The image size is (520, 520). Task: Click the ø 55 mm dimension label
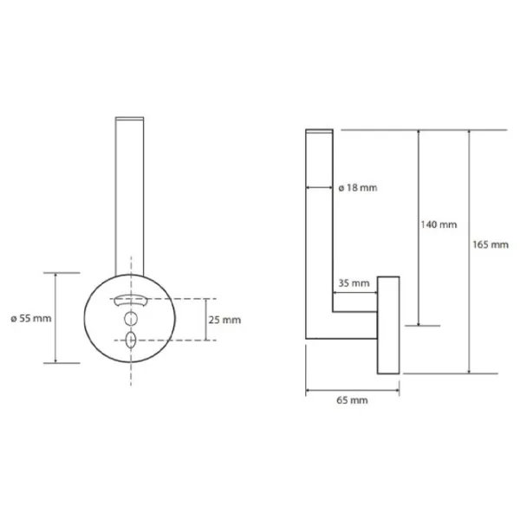(31, 318)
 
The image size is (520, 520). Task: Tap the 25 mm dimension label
(224, 320)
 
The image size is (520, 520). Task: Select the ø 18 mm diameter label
(358, 188)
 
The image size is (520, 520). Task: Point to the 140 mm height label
(439, 224)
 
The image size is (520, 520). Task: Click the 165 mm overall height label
(491, 244)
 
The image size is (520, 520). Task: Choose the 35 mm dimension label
(354, 283)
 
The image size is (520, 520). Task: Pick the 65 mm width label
(352, 400)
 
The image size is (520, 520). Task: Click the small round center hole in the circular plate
(131, 319)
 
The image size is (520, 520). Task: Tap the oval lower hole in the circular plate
(131, 341)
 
